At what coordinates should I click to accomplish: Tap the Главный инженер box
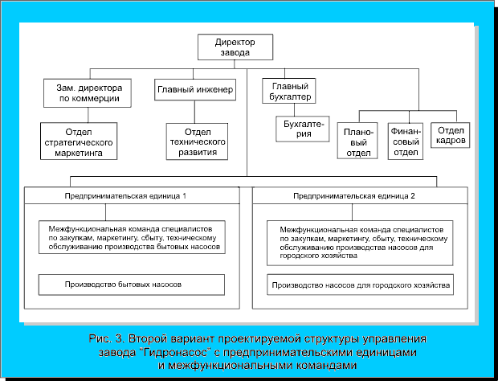[x=195, y=91]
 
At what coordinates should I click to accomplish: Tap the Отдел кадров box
[x=451, y=134]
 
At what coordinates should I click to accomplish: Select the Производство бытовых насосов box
[x=131, y=285]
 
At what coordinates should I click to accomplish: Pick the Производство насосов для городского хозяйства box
[x=361, y=285]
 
